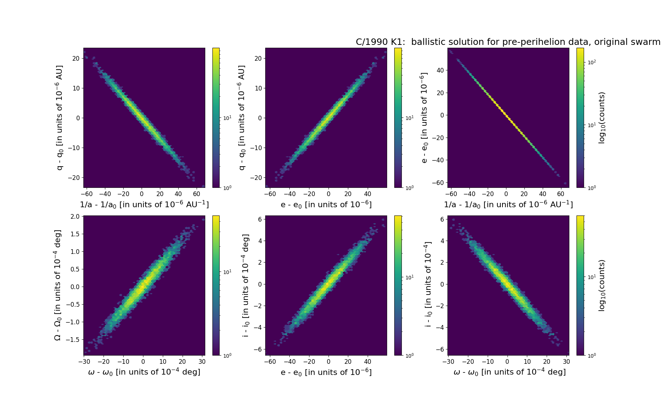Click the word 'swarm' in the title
pyautogui.click(x=646, y=42)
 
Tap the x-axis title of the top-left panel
pyautogui.click(x=144, y=204)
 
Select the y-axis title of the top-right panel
pyautogui.click(x=424, y=118)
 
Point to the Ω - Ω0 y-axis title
pyautogui.click(x=58, y=285)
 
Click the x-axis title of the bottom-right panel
pyautogui.click(x=509, y=372)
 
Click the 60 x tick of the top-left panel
pyautogui.click(x=196, y=194)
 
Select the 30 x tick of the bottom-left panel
pyautogui.click(x=202, y=362)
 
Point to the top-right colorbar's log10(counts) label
pyautogui.click(x=602, y=118)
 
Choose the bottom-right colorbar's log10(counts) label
pyautogui.click(x=602, y=285)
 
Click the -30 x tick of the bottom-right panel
pyautogui.click(x=448, y=362)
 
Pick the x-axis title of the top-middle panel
pyautogui.click(x=326, y=204)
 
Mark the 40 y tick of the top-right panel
pyautogui.click(x=440, y=70)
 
